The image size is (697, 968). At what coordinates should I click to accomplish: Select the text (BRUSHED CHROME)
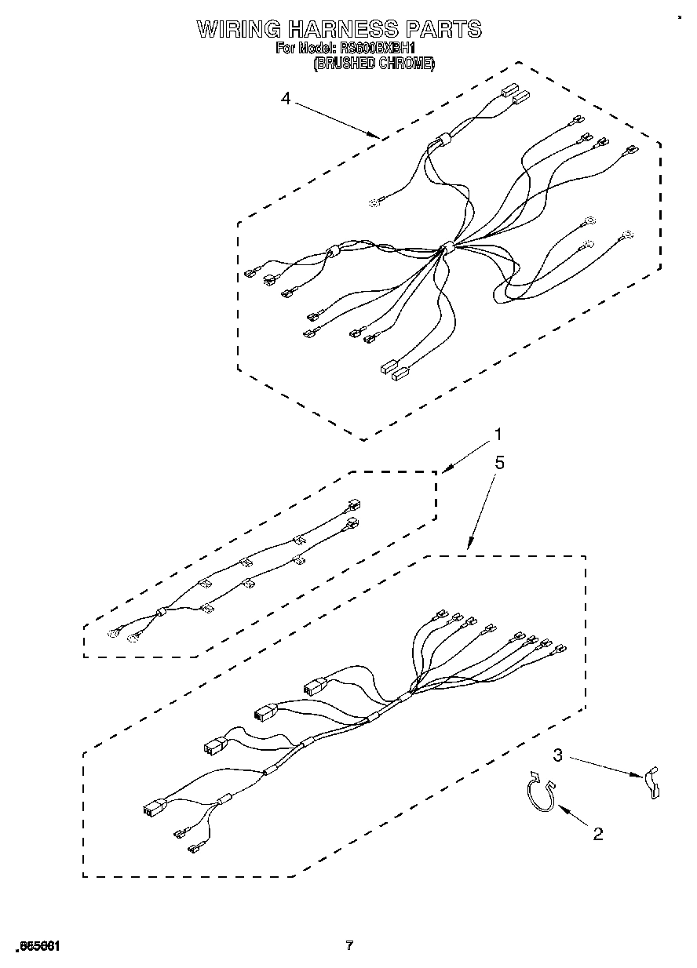(x=374, y=64)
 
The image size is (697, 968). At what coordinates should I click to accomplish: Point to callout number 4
(x=286, y=98)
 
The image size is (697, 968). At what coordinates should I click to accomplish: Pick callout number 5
(x=499, y=463)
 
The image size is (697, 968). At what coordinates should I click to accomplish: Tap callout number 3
(x=558, y=755)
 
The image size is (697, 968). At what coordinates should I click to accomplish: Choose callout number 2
(x=598, y=834)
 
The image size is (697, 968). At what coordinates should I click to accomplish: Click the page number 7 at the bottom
(x=349, y=945)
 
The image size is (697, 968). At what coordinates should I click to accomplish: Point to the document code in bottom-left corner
(x=35, y=945)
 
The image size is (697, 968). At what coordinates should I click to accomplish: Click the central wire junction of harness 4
(x=447, y=249)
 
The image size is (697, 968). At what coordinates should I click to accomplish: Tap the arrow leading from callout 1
(x=466, y=454)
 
